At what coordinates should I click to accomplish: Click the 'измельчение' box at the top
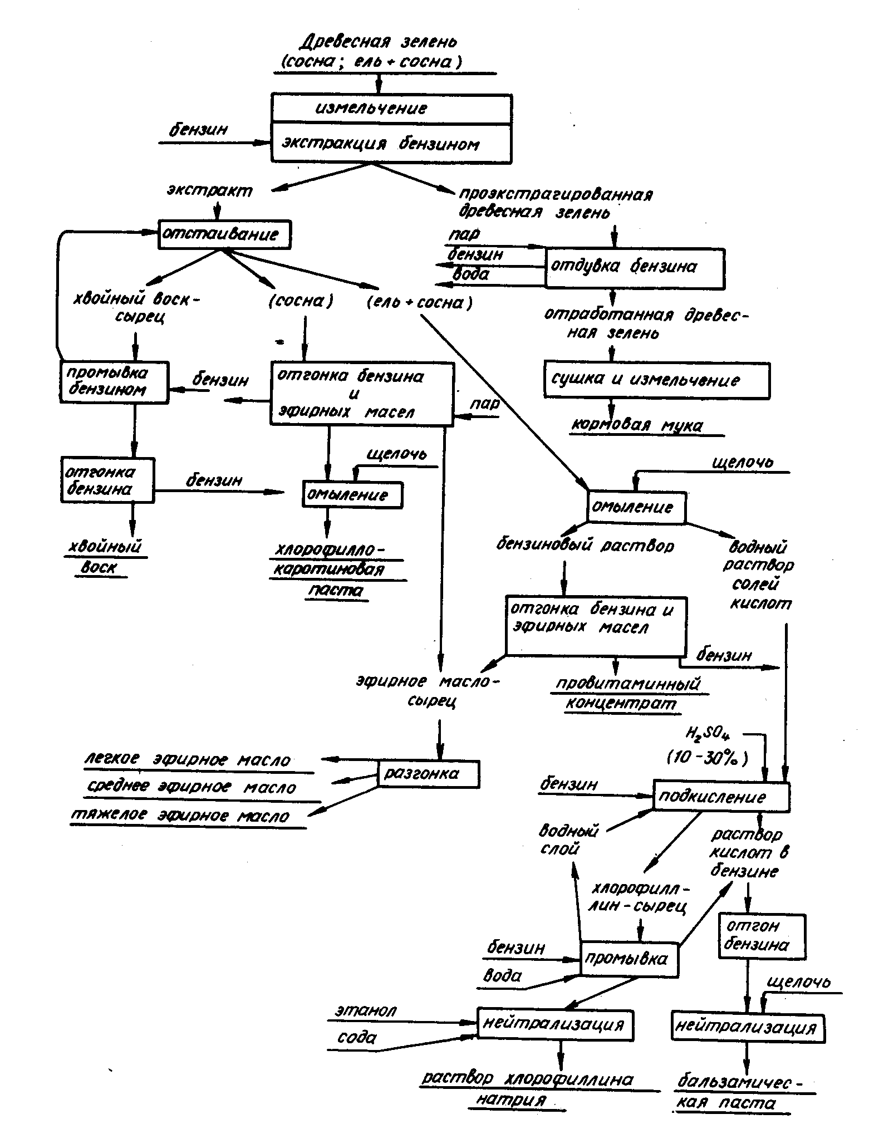click(x=391, y=109)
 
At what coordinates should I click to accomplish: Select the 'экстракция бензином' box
click(x=391, y=144)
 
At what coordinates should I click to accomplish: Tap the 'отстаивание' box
click(x=224, y=234)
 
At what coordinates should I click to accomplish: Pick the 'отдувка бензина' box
click(x=635, y=268)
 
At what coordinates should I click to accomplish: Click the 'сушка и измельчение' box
click(x=657, y=381)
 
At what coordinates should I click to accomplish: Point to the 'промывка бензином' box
click(x=114, y=382)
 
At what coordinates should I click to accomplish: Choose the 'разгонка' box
click(x=428, y=774)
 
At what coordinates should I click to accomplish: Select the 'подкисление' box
click(x=721, y=797)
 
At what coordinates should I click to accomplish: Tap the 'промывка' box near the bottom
click(x=629, y=959)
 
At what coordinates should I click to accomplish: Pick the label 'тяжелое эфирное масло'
click(x=180, y=816)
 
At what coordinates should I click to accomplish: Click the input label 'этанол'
click(x=366, y=1010)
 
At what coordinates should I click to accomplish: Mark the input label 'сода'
click(x=357, y=1038)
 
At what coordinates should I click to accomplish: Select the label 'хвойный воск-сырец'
click(x=137, y=308)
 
